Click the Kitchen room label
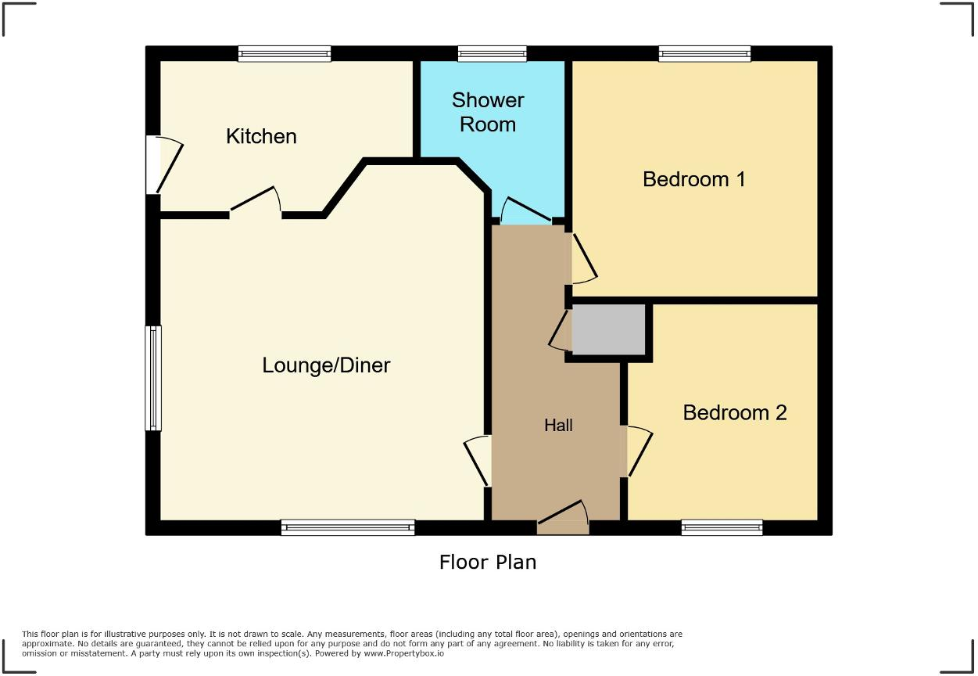pos(261,136)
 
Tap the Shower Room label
pos(488,112)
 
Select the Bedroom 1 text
pos(693,179)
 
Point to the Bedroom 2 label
pos(734,412)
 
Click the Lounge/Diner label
pos(326,365)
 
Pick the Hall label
pos(558,426)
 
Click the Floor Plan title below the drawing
pos(487,562)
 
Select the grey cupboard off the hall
pos(608,329)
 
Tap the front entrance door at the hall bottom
pos(563,520)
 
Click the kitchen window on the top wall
pos(285,54)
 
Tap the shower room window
pos(492,54)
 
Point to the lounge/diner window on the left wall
pos(153,378)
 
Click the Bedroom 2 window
pos(722,528)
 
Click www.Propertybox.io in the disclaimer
pos(404,653)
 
